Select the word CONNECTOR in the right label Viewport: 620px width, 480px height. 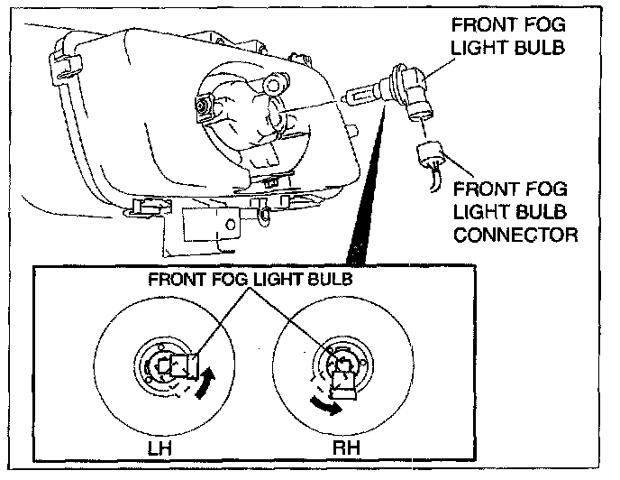(515, 235)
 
